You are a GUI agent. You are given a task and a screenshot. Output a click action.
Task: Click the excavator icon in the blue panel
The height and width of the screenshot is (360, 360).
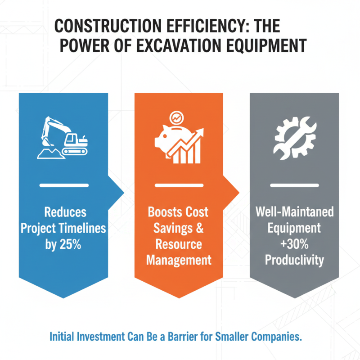click(x=63, y=137)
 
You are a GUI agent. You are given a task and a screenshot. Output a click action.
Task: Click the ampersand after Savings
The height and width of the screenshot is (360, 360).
click(x=199, y=228)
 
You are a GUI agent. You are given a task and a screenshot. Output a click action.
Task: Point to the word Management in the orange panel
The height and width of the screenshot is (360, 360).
click(x=179, y=260)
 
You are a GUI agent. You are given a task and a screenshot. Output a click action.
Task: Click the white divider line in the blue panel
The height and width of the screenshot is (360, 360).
click(x=63, y=185)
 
